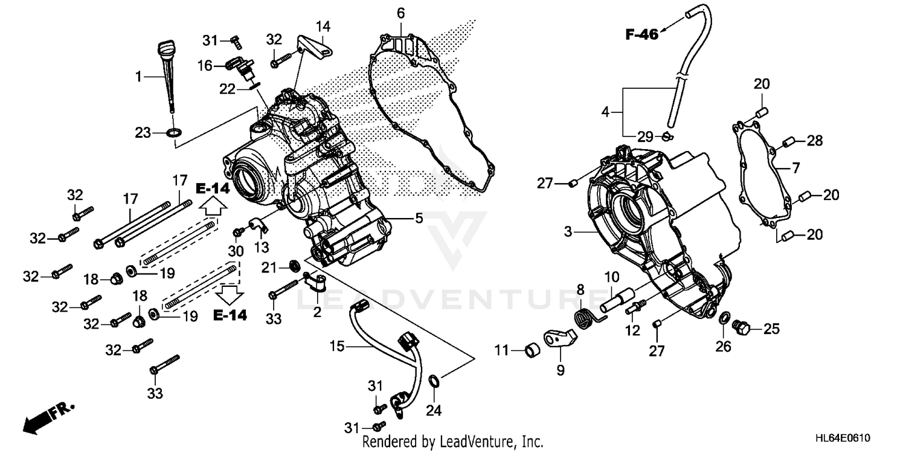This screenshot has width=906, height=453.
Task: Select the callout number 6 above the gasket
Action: tap(400, 13)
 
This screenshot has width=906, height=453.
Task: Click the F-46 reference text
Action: tap(641, 35)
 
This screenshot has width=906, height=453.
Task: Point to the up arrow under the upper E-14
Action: tap(213, 208)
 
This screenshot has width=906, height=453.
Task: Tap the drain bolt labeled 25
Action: tap(741, 329)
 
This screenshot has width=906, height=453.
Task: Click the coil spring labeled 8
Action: tap(583, 315)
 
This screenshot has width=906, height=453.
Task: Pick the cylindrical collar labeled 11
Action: tap(532, 350)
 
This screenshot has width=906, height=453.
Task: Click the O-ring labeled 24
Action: tap(434, 380)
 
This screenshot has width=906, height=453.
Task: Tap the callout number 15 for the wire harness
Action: tap(336, 347)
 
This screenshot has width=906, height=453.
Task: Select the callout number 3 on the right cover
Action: tap(568, 231)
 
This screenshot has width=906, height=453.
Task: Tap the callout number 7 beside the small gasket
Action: tap(796, 168)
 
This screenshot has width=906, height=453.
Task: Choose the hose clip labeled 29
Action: tap(666, 136)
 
